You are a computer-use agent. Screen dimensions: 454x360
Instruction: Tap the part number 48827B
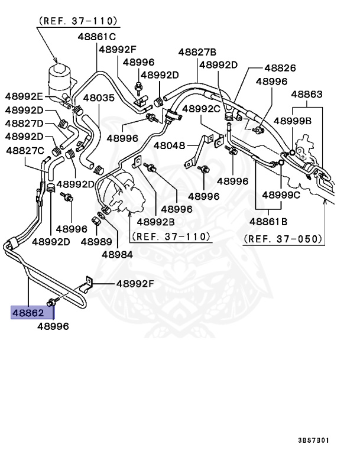[x=197, y=52]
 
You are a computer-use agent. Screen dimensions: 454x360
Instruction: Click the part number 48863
[x=306, y=94]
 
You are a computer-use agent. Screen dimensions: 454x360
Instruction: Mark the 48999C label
[x=281, y=194]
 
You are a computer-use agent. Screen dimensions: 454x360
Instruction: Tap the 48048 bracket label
[x=170, y=145]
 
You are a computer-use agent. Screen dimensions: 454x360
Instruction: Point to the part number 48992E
[x=24, y=96]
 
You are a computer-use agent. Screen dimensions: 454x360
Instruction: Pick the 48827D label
[x=24, y=123]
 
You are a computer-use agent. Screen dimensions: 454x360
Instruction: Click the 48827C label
[x=24, y=150]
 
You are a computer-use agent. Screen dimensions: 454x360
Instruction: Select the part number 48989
[x=96, y=241]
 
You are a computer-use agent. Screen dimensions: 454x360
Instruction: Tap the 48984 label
[x=117, y=254]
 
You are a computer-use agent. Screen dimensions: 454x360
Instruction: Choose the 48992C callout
[x=201, y=109]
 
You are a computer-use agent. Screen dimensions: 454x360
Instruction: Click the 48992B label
[x=155, y=222]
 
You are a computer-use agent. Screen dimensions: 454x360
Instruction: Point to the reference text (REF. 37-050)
[x=283, y=239]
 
